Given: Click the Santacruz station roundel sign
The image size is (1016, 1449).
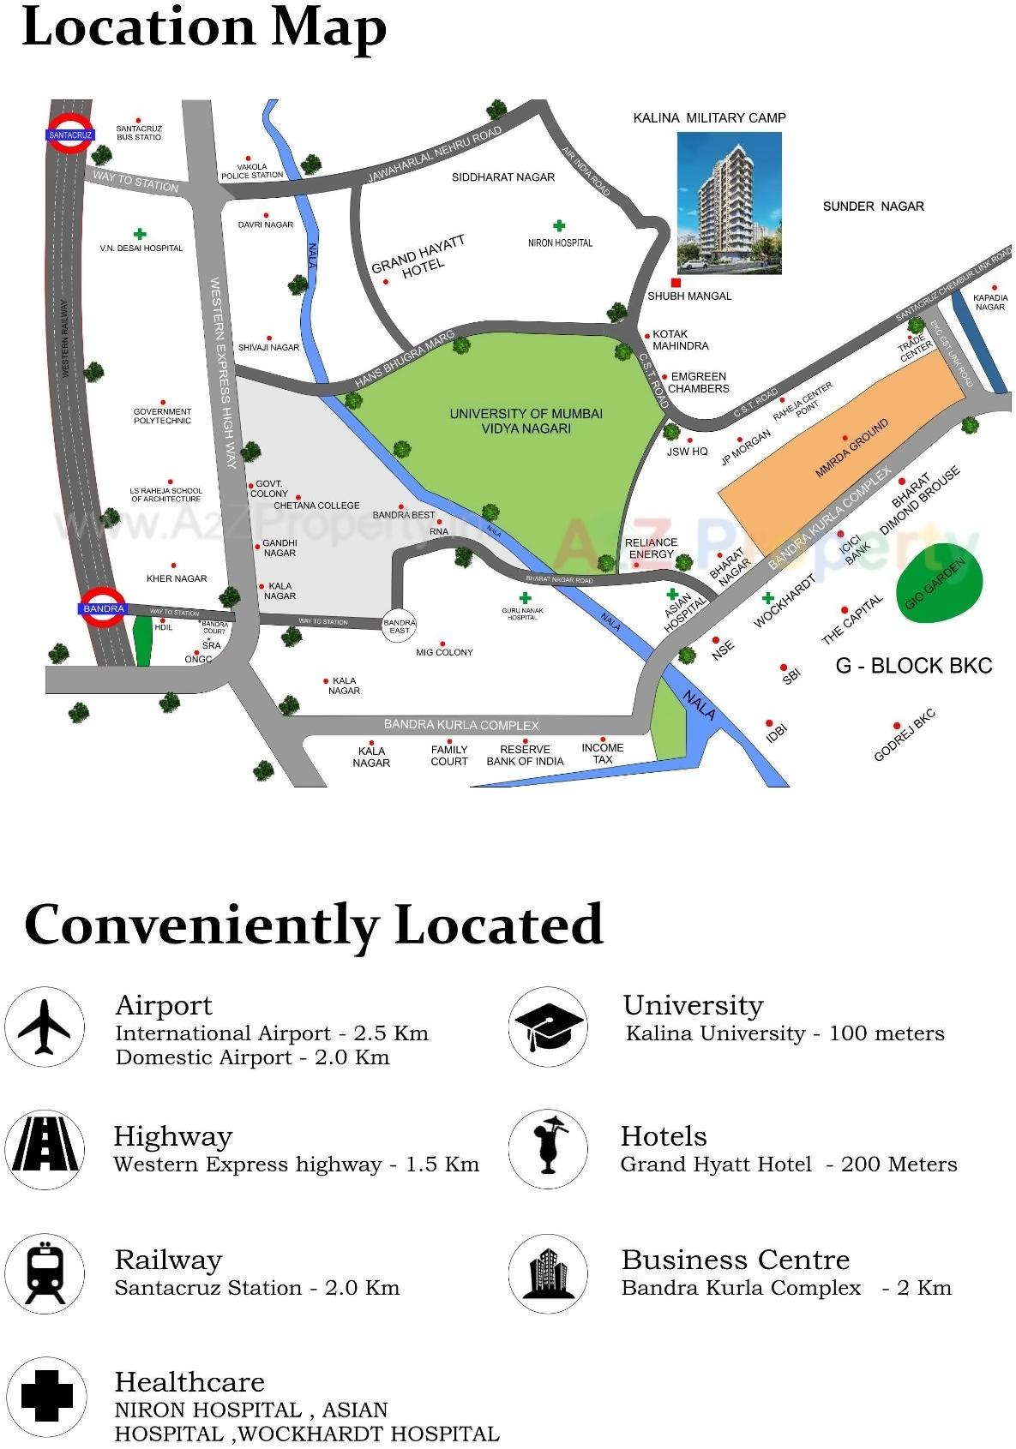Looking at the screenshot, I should [x=69, y=135].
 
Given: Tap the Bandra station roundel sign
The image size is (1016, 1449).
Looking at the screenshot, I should [x=104, y=608].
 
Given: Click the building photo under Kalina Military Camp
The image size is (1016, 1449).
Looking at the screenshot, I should [x=730, y=202].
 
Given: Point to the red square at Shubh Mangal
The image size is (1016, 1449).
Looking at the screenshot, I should [x=676, y=283].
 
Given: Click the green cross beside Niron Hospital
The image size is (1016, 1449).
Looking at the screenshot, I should [x=559, y=226].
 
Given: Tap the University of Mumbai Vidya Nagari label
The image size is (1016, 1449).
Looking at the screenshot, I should [x=526, y=421].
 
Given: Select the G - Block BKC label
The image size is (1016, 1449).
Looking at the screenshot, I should [x=913, y=666].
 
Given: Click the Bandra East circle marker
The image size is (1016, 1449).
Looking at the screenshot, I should [x=399, y=626].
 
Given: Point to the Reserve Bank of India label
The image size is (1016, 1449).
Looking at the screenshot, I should [x=525, y=755].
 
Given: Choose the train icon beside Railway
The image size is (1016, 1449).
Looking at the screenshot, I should [x=45, y=1273].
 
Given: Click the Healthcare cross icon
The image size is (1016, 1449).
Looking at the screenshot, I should [x=45, y=1397].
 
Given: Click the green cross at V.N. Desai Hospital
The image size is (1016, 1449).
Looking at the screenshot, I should [x=139, y=233].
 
